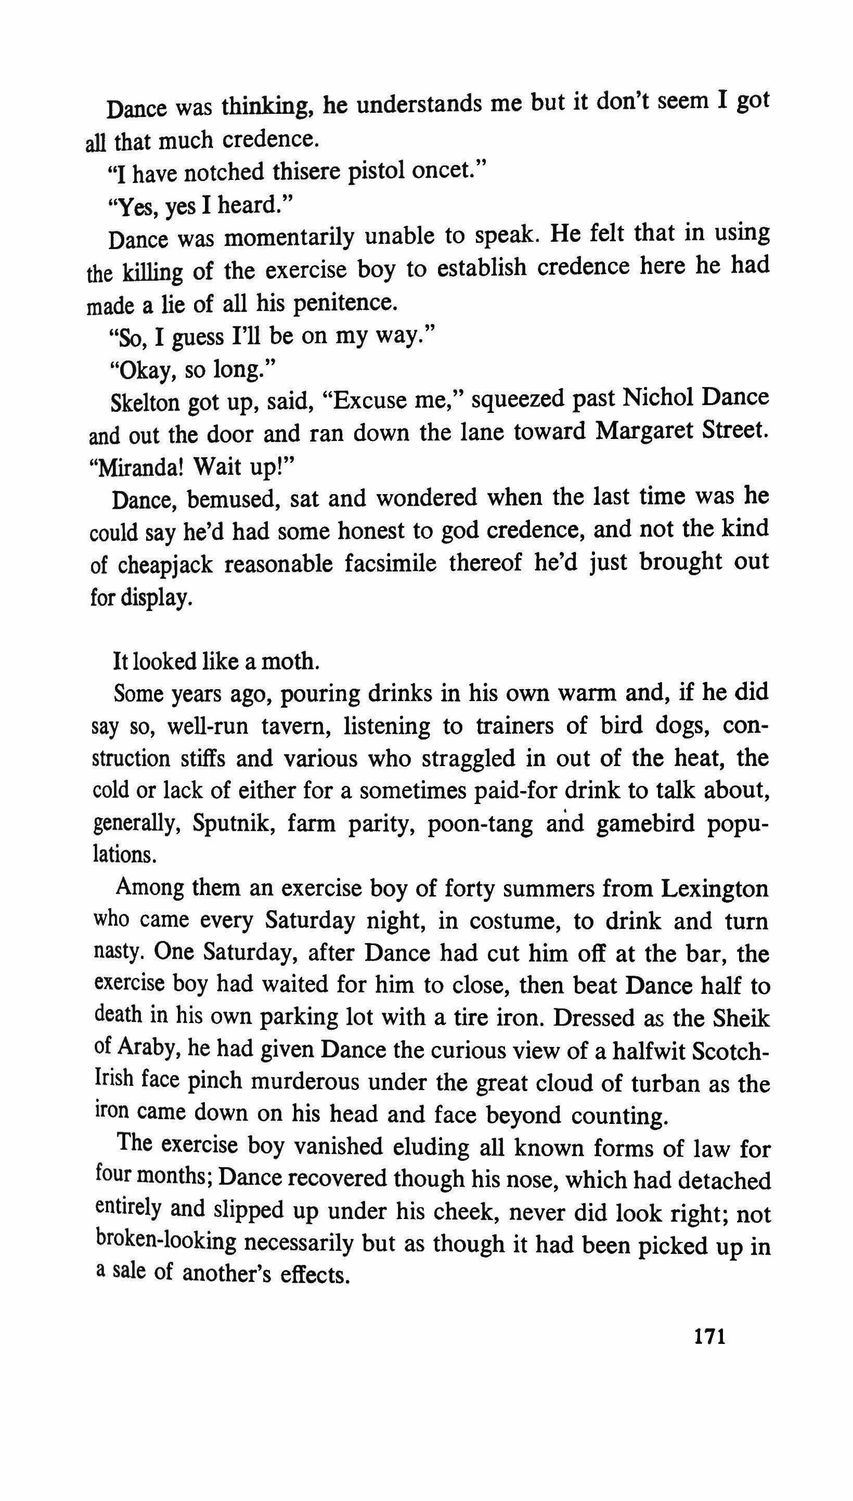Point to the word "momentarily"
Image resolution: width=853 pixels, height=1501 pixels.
coord(289,237)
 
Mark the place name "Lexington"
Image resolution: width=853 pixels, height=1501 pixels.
coord(714,889)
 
